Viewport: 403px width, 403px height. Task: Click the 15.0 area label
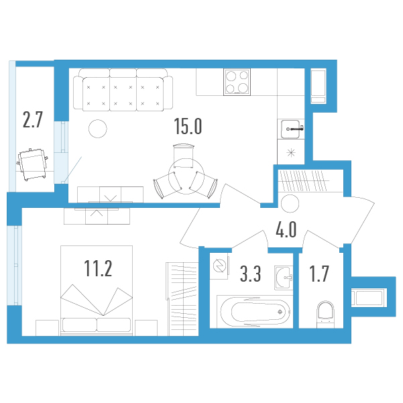coord(188,126)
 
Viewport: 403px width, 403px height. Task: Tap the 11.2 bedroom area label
coord(98,268)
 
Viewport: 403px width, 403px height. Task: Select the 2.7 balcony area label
coord(33,119)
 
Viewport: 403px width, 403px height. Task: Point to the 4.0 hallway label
coord(286,229)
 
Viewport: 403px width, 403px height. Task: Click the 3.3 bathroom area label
coord(250,274)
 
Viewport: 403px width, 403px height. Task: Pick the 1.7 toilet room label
coord(319,274)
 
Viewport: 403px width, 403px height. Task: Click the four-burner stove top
coord(237,82)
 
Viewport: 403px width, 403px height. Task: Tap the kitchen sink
coord(291,129)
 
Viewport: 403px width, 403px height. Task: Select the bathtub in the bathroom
coord(255,312)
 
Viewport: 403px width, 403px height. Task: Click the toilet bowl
coord(325,314)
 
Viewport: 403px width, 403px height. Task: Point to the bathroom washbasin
coord(284,278)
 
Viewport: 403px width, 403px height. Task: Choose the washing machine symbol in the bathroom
coord(219,266)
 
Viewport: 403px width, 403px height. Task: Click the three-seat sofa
coord(123,90)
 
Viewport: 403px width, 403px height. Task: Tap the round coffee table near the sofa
coord(98,129)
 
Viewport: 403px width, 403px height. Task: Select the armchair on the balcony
coord(32,164)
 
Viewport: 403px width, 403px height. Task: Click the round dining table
coord(186,176)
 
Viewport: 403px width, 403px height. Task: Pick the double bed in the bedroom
coord(97,291)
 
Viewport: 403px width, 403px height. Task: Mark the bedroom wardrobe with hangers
coord(182,299)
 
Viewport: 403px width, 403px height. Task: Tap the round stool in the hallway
coord(290,204)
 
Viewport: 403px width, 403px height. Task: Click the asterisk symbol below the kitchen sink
coord(291,153)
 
